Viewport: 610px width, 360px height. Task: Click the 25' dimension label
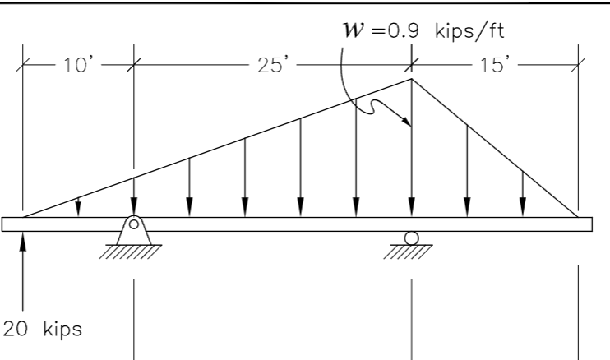270,64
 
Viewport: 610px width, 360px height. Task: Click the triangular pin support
133,230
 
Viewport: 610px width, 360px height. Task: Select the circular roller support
411,238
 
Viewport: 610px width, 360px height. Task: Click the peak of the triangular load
411,79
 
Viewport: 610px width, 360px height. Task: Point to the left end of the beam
5,224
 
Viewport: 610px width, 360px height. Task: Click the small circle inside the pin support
133,224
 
